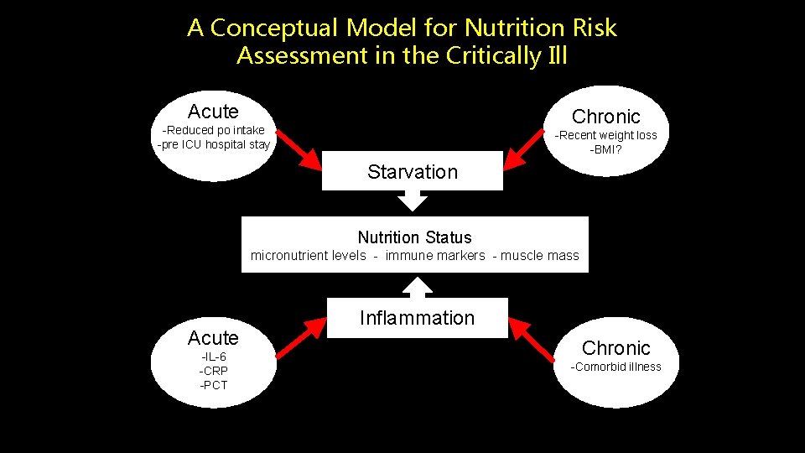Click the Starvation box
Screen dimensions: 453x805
pyautogui.click(x=413, y=172)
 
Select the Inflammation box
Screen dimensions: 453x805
pyautogui.click(x=417, y=318)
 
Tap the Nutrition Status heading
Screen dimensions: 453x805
pyautogui.click(x=414, y=237)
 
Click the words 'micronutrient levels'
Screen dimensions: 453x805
pyautogui.click(x=308, y=256)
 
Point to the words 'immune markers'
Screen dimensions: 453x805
pyautogui.click(x=435, y=256)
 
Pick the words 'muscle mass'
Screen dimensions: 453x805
pyautogui.click(x=540, y=256)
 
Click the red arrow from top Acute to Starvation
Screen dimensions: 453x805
pyautogui.click(x=299, y=148)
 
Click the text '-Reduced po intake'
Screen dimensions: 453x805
pyautogui.click(x=214, y=130)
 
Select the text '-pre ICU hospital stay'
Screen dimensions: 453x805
pyautogui.click(x=214, y=144)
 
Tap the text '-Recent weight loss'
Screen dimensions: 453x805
pyautogui.click(x=606, y=135)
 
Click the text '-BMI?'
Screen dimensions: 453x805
pyautogui.click(x=605, y=149)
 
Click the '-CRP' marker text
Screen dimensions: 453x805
pyautogui.click(x=213, y=371)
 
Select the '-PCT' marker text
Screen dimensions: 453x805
pyautogui.click(x=213, y=385)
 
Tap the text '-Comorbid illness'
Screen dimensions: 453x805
pyautogui.click(x=615, y=367)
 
